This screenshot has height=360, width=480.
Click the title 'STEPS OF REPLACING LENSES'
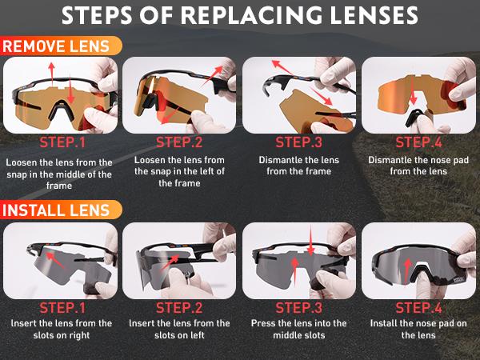pyautogui.click(x=240, y=14)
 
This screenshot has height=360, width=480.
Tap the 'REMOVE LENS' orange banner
pyautogui.click(x=61, y=46)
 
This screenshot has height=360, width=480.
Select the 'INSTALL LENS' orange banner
pyautogui.click(x=61, y=210)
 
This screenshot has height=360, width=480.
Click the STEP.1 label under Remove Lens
pyautogui.click(x=62, y=142)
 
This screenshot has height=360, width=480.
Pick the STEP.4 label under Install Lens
pyautogui.click(x=418, y=308)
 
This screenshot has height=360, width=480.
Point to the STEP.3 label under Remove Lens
pyautogui.click(x=298, y=142)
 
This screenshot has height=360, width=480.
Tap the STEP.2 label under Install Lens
pyautogui.click(x=179, y=308)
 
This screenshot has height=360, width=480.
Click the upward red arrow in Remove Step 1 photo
pyautogui.click(x=52, y=74)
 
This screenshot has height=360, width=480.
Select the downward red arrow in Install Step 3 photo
pyautogui.click(x=310, y=240)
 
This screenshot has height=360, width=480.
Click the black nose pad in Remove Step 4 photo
pyautogui.click(x=414, y=118)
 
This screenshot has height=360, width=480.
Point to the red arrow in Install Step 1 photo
pyautogui.click(x=55, y=260)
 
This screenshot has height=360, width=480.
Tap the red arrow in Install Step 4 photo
pyautogui.click(x=407, y=270)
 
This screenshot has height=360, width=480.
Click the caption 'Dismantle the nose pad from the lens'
pyautogui.click(x=418, y=166)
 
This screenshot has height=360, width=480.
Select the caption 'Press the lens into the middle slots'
pyautogui.click(x=298, y=329)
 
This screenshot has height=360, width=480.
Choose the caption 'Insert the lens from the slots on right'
pyautogui.click(x=62, y=329)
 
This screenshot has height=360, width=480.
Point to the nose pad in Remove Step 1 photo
pyautogui.click(x=62, y=110)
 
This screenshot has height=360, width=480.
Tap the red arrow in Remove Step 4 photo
pyautogui.click(x=413, y=90)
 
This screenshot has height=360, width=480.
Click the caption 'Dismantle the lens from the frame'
pyautogui.click(x=298, y=166)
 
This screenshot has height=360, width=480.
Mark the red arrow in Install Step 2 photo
pyautogui.click(x=170, y=262)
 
